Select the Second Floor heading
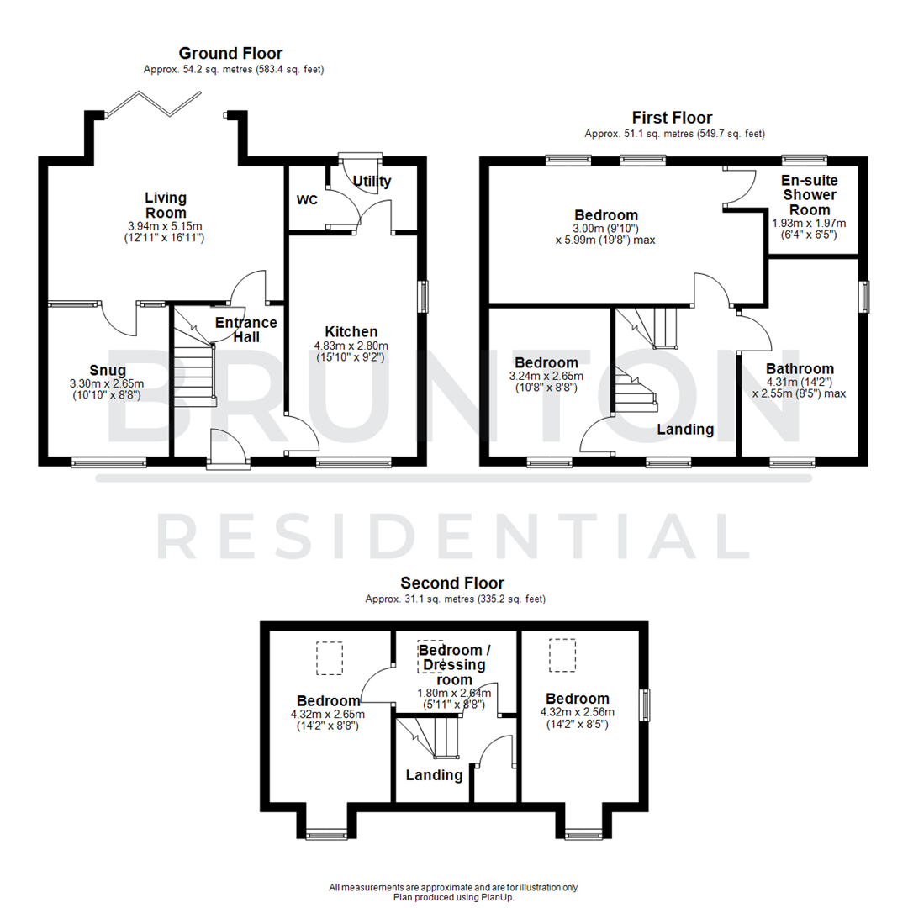coord(452,583)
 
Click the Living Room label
coord(164,205)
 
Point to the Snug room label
coord(108,370)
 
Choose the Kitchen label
coord(351,332)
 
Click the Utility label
coord(372,181)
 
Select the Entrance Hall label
coord(245,330)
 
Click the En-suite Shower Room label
coord(810,195)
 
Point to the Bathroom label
coord(800,368)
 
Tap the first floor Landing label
coord(685,430)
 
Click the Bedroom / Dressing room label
coord(455,664)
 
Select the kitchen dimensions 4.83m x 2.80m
coord(351,346)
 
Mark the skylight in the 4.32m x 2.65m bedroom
coord(330,657)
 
